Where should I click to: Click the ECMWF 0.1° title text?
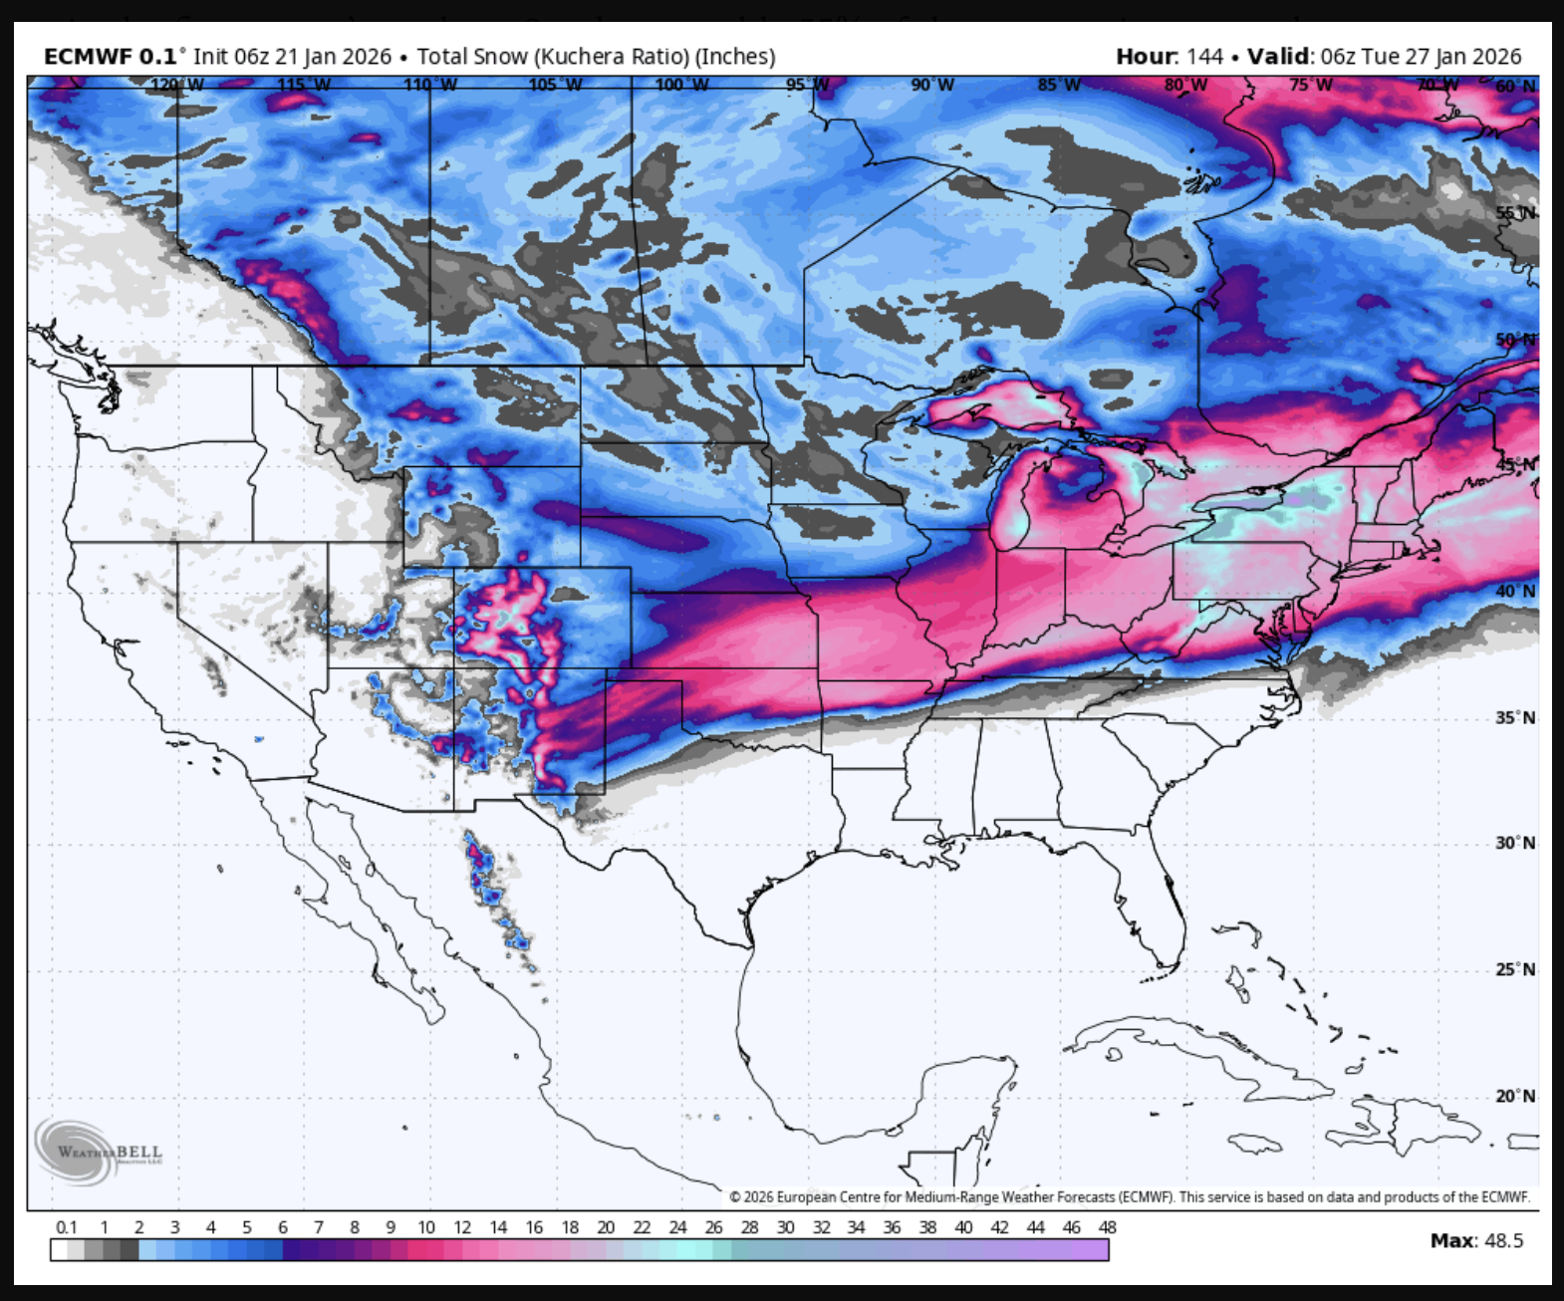111,57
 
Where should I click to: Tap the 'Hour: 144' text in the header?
1169,57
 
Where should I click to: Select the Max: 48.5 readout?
1476,1240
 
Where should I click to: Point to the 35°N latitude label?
1514,718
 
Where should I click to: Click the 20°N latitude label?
1514,1096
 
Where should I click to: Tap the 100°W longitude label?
682,85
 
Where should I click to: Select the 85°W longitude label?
1059,85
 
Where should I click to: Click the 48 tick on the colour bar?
1107,1227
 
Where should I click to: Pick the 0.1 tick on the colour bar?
67,1227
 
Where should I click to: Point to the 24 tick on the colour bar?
677,1227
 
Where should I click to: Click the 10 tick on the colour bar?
426,1227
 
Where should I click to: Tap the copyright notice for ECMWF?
1129,1197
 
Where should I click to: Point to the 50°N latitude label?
1514,340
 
